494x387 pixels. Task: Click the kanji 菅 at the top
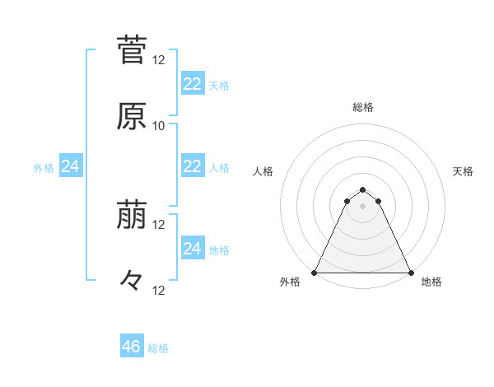click(x=132, y=49)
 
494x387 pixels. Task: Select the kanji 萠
click(x=132, y=216)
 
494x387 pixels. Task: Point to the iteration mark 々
click(x=132, y=282)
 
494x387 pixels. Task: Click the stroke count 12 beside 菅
click(x=159, y=60)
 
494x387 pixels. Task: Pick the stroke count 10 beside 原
click(x=159, y=126)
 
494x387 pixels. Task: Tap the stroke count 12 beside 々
click(x=159, y=290)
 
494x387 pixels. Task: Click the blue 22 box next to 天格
click(x=192, y=83)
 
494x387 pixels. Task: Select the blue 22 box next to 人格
click(x=192, y=166)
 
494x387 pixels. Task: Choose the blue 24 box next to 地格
click(x=192, y=248)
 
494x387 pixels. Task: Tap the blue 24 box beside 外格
click(x=70, y=166)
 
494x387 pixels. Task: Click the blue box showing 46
click(x=131, y=347)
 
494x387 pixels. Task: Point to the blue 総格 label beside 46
click(x=158, y=348)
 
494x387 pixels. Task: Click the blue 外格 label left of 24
click(x=44, y=168)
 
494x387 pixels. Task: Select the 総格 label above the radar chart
click(x=363, y=107)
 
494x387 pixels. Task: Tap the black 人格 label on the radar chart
click(x=263, y=171)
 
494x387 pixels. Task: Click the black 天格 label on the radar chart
click(x=463, y=171)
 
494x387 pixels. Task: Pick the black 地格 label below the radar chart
click(x=431, y=282)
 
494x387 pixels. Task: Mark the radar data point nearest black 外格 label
click(x=315, y=272)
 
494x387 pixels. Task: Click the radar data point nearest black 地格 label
click(x=410, y=272)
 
